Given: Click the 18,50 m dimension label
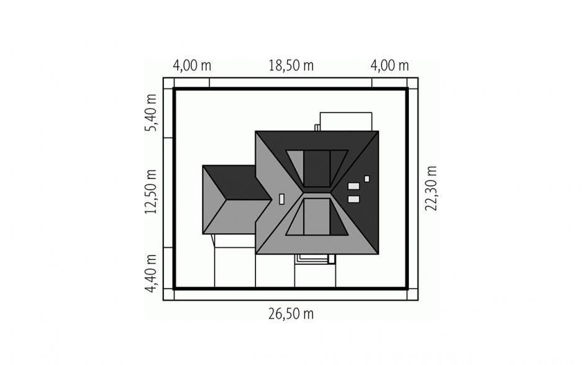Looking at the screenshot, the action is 291,66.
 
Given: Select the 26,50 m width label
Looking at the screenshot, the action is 291,314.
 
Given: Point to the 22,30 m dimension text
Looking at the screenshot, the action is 431,188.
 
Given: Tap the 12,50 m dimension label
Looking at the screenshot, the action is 151,192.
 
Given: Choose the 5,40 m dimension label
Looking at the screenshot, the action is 151,113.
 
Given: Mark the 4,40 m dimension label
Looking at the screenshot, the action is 151,274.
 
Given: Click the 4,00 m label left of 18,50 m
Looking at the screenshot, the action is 192,66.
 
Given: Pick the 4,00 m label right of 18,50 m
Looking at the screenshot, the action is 390,66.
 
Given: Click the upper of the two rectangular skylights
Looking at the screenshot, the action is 354,186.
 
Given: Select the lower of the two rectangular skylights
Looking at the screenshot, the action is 354,200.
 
